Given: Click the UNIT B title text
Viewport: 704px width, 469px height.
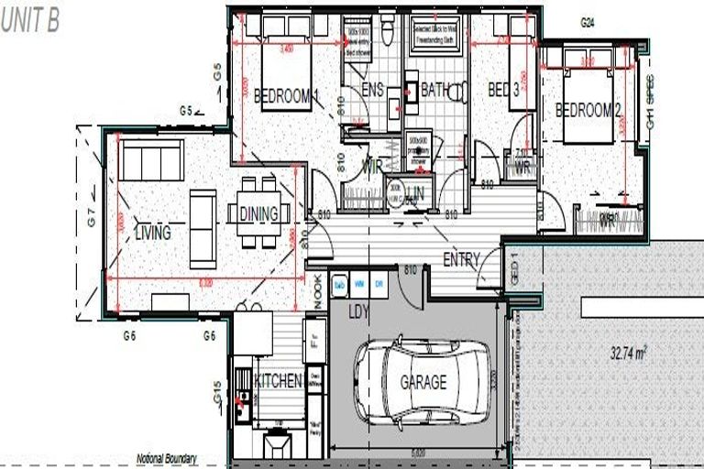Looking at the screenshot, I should pos(30,22).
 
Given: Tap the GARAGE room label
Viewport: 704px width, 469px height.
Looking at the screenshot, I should pos(423,382).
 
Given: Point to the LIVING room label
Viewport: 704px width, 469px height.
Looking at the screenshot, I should pos(152,233).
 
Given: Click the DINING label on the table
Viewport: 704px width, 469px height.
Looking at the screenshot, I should pos(258,213).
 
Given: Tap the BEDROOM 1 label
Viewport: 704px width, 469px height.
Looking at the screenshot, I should pos(285,94).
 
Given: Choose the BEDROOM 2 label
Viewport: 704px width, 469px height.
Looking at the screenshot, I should pos(588,110).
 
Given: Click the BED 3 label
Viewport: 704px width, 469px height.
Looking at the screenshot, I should pos(503,90).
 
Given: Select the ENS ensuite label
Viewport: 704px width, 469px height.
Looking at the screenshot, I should pos(372,90).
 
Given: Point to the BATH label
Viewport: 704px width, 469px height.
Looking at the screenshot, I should pos(434,90).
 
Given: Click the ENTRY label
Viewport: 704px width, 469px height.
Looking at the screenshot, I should pos(461,260).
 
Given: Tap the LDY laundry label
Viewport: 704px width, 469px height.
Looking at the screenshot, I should pos(358,311).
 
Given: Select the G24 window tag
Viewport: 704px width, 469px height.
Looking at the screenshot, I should pos(588,22).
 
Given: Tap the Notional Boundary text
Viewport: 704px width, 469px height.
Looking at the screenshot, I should pos(166,458).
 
